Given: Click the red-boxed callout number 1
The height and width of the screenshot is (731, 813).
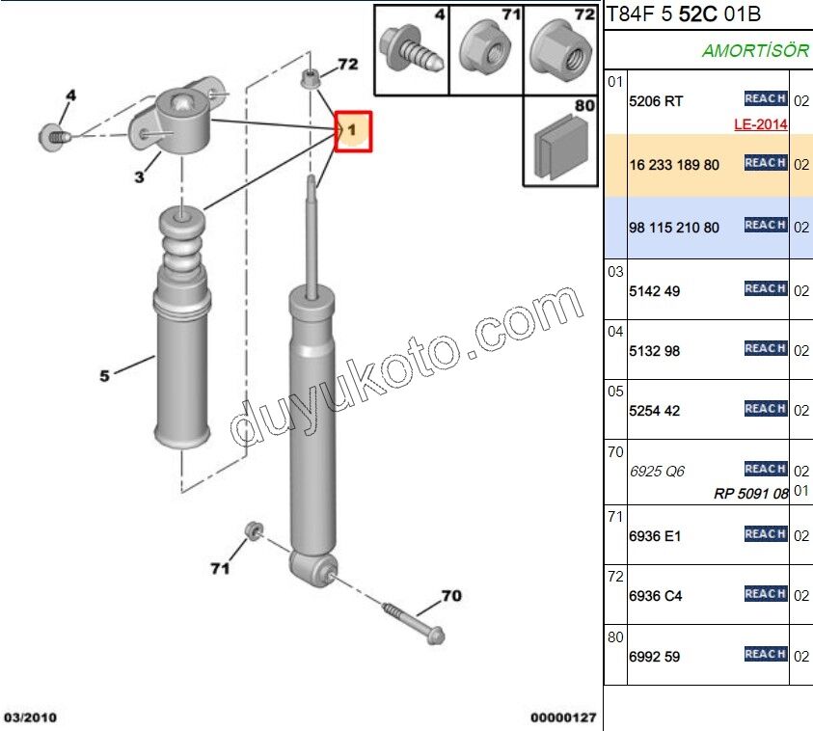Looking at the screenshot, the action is (353, 130).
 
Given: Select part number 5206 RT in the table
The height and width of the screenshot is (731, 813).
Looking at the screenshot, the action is (656, 101).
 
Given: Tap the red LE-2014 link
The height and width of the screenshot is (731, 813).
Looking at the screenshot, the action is (761, 124).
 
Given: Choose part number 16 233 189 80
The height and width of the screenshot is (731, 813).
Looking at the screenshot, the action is (674, 165).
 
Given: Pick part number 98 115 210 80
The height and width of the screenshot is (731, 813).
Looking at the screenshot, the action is (674, 227).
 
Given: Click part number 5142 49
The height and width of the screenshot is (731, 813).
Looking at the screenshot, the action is (654, 291).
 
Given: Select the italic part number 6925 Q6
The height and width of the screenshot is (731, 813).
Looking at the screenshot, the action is (657, 472).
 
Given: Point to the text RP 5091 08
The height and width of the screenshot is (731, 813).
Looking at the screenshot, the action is (751, 493).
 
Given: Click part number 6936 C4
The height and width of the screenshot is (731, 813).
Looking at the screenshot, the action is (656, 596).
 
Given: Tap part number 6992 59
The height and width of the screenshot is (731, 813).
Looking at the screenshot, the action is (654, 657).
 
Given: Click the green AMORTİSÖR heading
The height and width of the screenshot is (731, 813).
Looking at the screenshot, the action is (755, 50).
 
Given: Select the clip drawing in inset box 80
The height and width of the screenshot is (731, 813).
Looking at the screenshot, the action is (560, 147).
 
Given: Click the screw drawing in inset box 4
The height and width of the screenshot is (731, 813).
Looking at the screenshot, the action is (411, 50).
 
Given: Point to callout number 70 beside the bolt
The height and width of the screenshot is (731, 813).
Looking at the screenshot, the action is (451, 596).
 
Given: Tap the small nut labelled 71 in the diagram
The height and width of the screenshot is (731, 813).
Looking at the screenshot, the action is (254, 530).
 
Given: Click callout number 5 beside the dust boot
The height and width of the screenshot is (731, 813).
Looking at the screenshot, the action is (105, 375).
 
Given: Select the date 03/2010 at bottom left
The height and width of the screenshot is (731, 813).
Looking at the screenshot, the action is (30, 717).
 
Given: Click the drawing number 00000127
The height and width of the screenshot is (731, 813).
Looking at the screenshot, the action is (563, 717).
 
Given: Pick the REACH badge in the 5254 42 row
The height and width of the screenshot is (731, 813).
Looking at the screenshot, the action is (766, 409).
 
